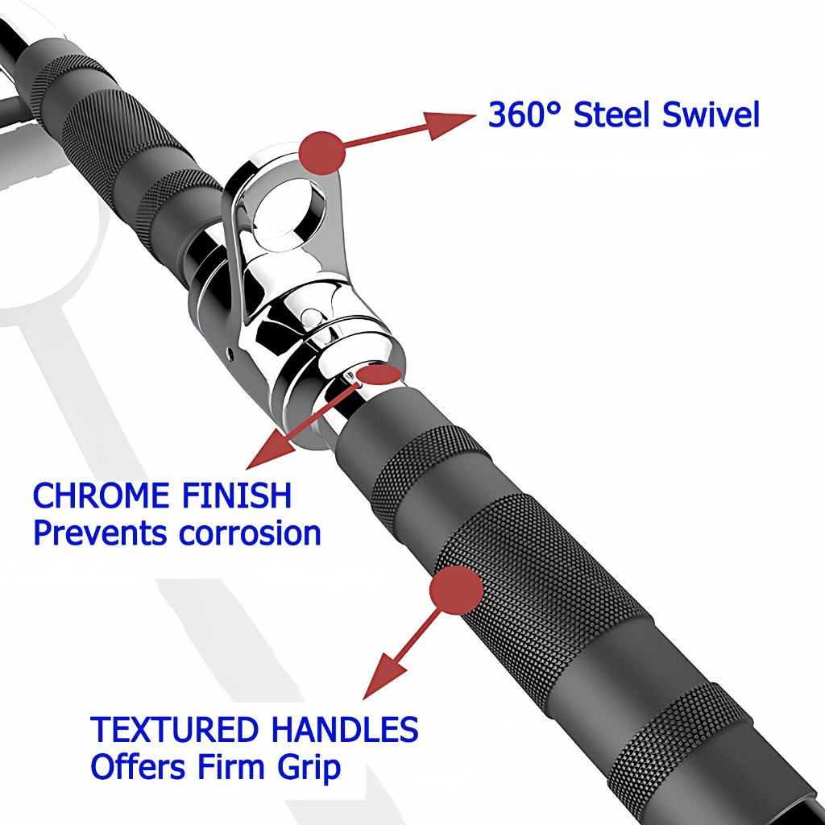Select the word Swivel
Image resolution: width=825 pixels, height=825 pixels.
coord(711,114)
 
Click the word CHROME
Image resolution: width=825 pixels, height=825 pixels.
coord(101,495)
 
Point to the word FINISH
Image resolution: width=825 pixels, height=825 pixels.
coord(237,495)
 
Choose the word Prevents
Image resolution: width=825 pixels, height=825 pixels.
coord(100,533)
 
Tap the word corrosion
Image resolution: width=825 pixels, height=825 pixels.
coord(250,533)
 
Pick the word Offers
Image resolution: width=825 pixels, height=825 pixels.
coord(139,766)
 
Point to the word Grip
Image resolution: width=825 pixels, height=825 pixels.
coord(309,768)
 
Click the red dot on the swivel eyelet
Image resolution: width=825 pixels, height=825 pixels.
coord(321,152)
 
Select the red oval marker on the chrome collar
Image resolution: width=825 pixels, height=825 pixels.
coord(379,375)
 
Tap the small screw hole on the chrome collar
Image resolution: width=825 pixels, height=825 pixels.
coord(230,354)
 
